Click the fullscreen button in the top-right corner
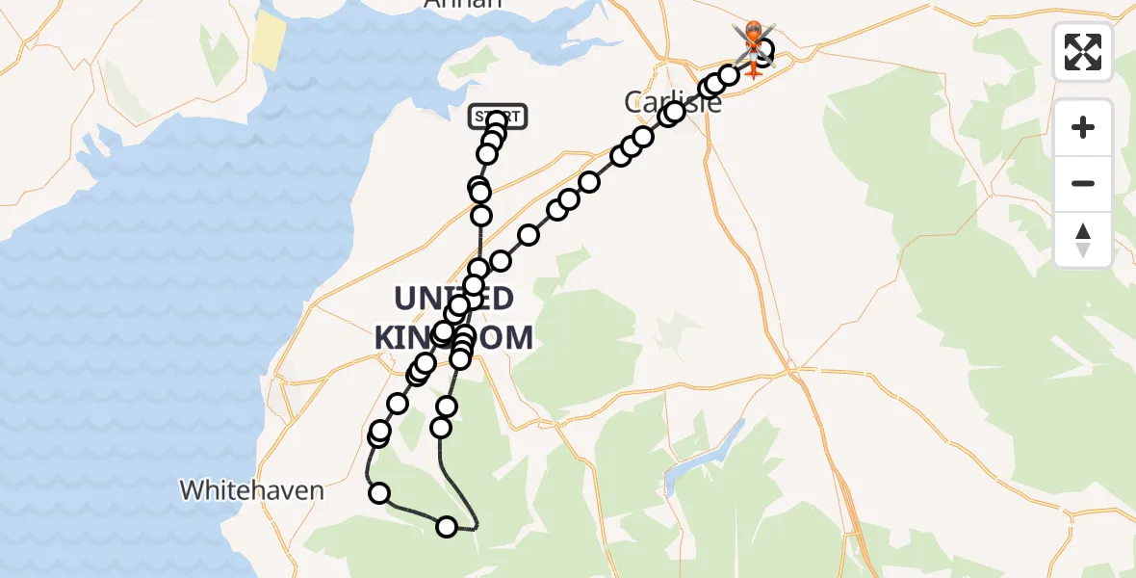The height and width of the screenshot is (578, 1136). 1083,52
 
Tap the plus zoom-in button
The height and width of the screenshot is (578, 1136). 1083,127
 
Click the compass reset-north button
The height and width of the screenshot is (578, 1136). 1083,240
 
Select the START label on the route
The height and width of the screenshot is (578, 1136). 498,117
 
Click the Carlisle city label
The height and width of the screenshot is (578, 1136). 673,101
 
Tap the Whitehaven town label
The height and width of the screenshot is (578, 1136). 251,490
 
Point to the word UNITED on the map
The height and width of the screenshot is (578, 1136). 453,297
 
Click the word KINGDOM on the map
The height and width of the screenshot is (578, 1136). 453,337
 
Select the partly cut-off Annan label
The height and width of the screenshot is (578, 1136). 463,4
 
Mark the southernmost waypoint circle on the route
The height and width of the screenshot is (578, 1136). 447,526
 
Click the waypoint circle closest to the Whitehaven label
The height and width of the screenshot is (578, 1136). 379,493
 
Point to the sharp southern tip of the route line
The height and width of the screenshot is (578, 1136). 476,528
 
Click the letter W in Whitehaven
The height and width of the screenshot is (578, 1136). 192,490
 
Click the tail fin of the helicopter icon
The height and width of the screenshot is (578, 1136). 752,70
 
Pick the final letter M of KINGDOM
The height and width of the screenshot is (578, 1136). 517,337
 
